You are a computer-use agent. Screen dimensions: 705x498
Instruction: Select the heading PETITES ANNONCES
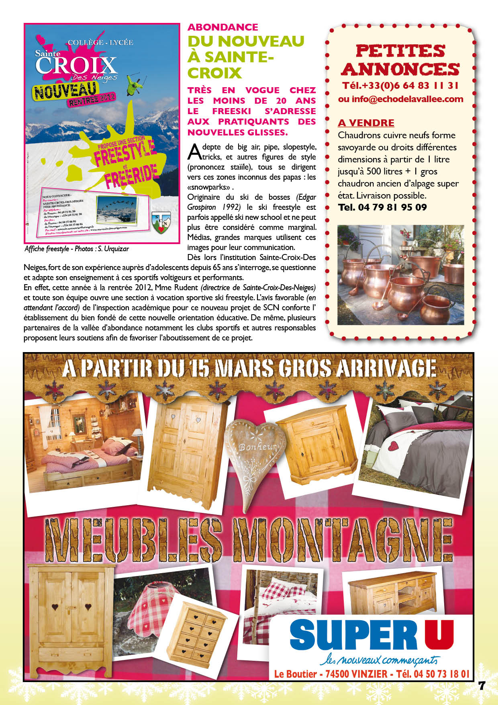(x=400, y=60)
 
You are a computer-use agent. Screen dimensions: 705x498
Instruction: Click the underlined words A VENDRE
(x=366, y=123)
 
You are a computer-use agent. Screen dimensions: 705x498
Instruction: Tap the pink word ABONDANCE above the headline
(x=223, y=27)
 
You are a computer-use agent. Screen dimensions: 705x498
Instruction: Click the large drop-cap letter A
(x=194, y=152)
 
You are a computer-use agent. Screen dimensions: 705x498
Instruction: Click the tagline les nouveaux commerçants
(x=379, y=660)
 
